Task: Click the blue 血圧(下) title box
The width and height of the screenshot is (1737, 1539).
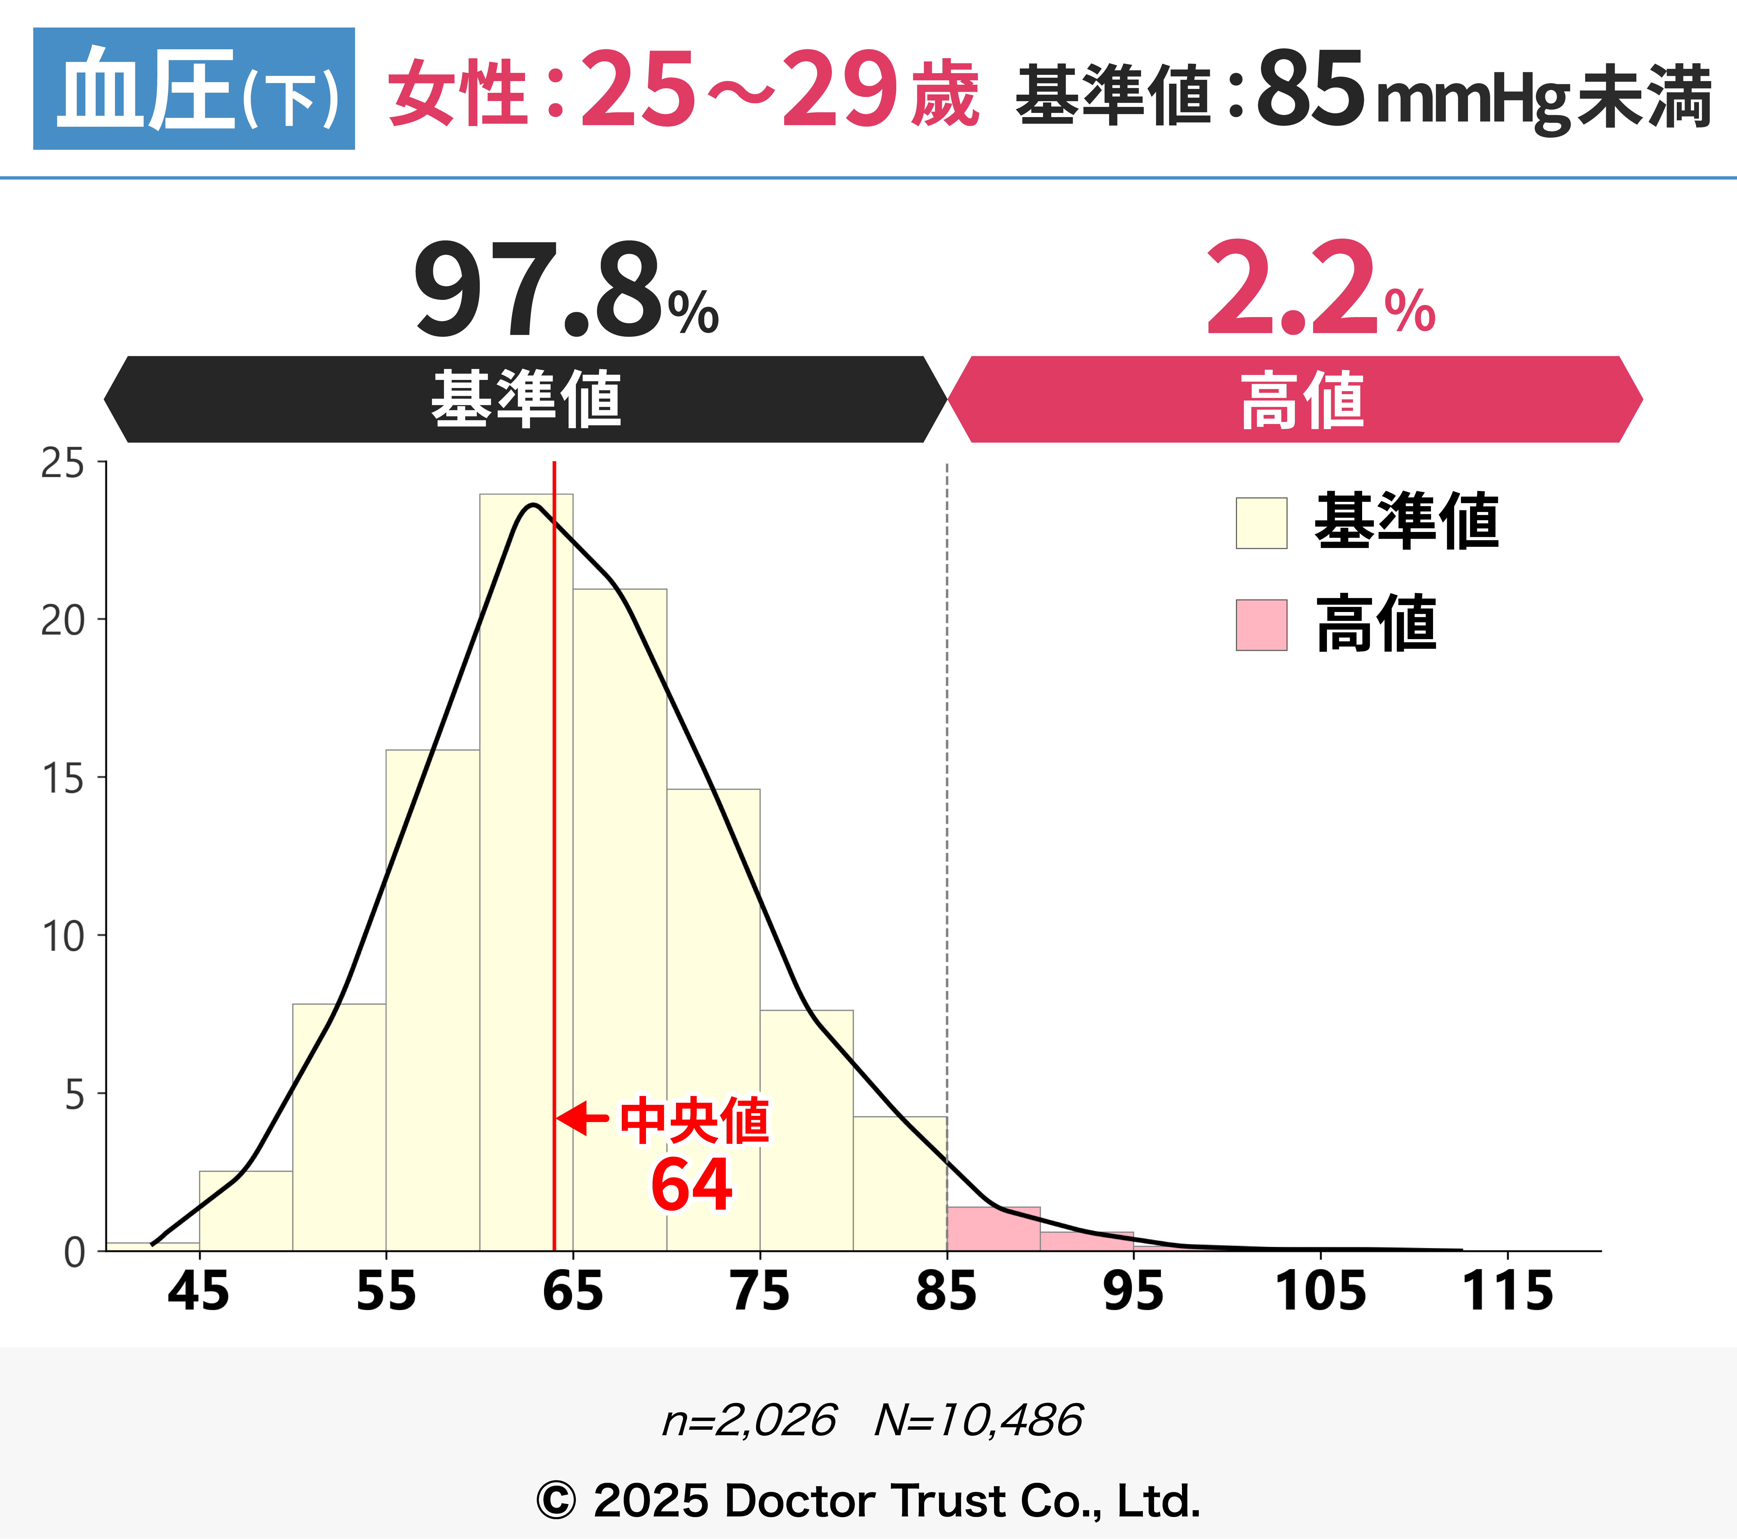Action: pyautogui.click(x=194, y=88)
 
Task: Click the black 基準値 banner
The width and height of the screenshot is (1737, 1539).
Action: pyautogui.click(x=525, y=399)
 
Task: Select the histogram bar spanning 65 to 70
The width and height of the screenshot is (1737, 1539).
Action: pyautogui.click(x=619, y=918)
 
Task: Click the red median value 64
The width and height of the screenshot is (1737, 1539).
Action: pyautogui.click(x=691, y=1185)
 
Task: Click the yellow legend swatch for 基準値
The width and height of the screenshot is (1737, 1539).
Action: pyautogui.click(x=1261, y=524)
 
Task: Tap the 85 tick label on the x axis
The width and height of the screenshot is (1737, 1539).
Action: pyautogui.click(x=946, y=1292)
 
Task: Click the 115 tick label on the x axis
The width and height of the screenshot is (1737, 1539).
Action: pyautogui.click(x=1507, y=1292)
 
